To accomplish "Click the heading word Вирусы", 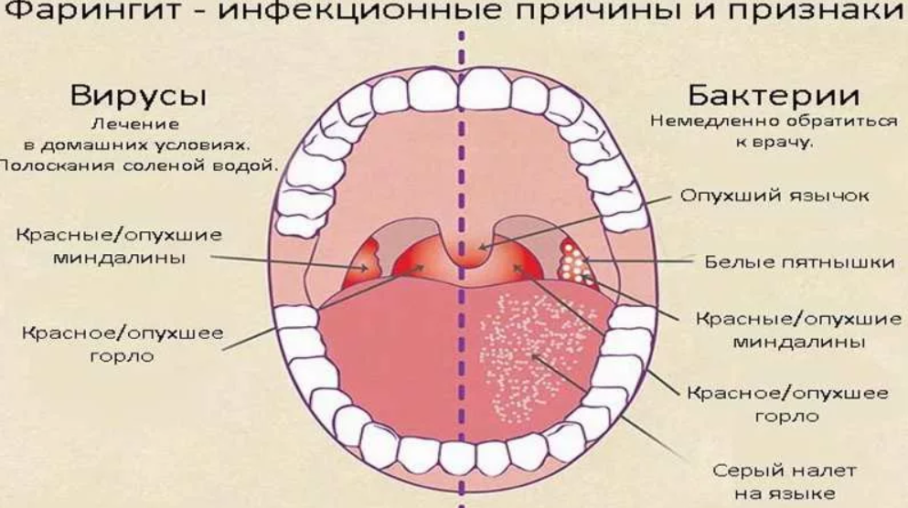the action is pos(138,96).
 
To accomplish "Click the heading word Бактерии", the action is pos(774,95).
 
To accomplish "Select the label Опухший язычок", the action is pos(774,196).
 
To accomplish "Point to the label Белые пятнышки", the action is pos(799,262).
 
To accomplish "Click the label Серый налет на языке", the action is pos(785,482).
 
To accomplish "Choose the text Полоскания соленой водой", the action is pos(139,166).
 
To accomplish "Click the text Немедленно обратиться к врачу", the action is pos(774,131).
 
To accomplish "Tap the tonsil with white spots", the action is pos(573,261).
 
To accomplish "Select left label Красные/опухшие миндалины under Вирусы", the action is pos(119,246).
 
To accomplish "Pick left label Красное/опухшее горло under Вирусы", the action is pos(123,344).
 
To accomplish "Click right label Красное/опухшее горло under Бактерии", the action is pos(787,404).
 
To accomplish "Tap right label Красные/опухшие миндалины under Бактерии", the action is pos(798,329).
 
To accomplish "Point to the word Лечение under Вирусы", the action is pos(135,124).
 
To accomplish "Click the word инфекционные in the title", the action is pos(358,13).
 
